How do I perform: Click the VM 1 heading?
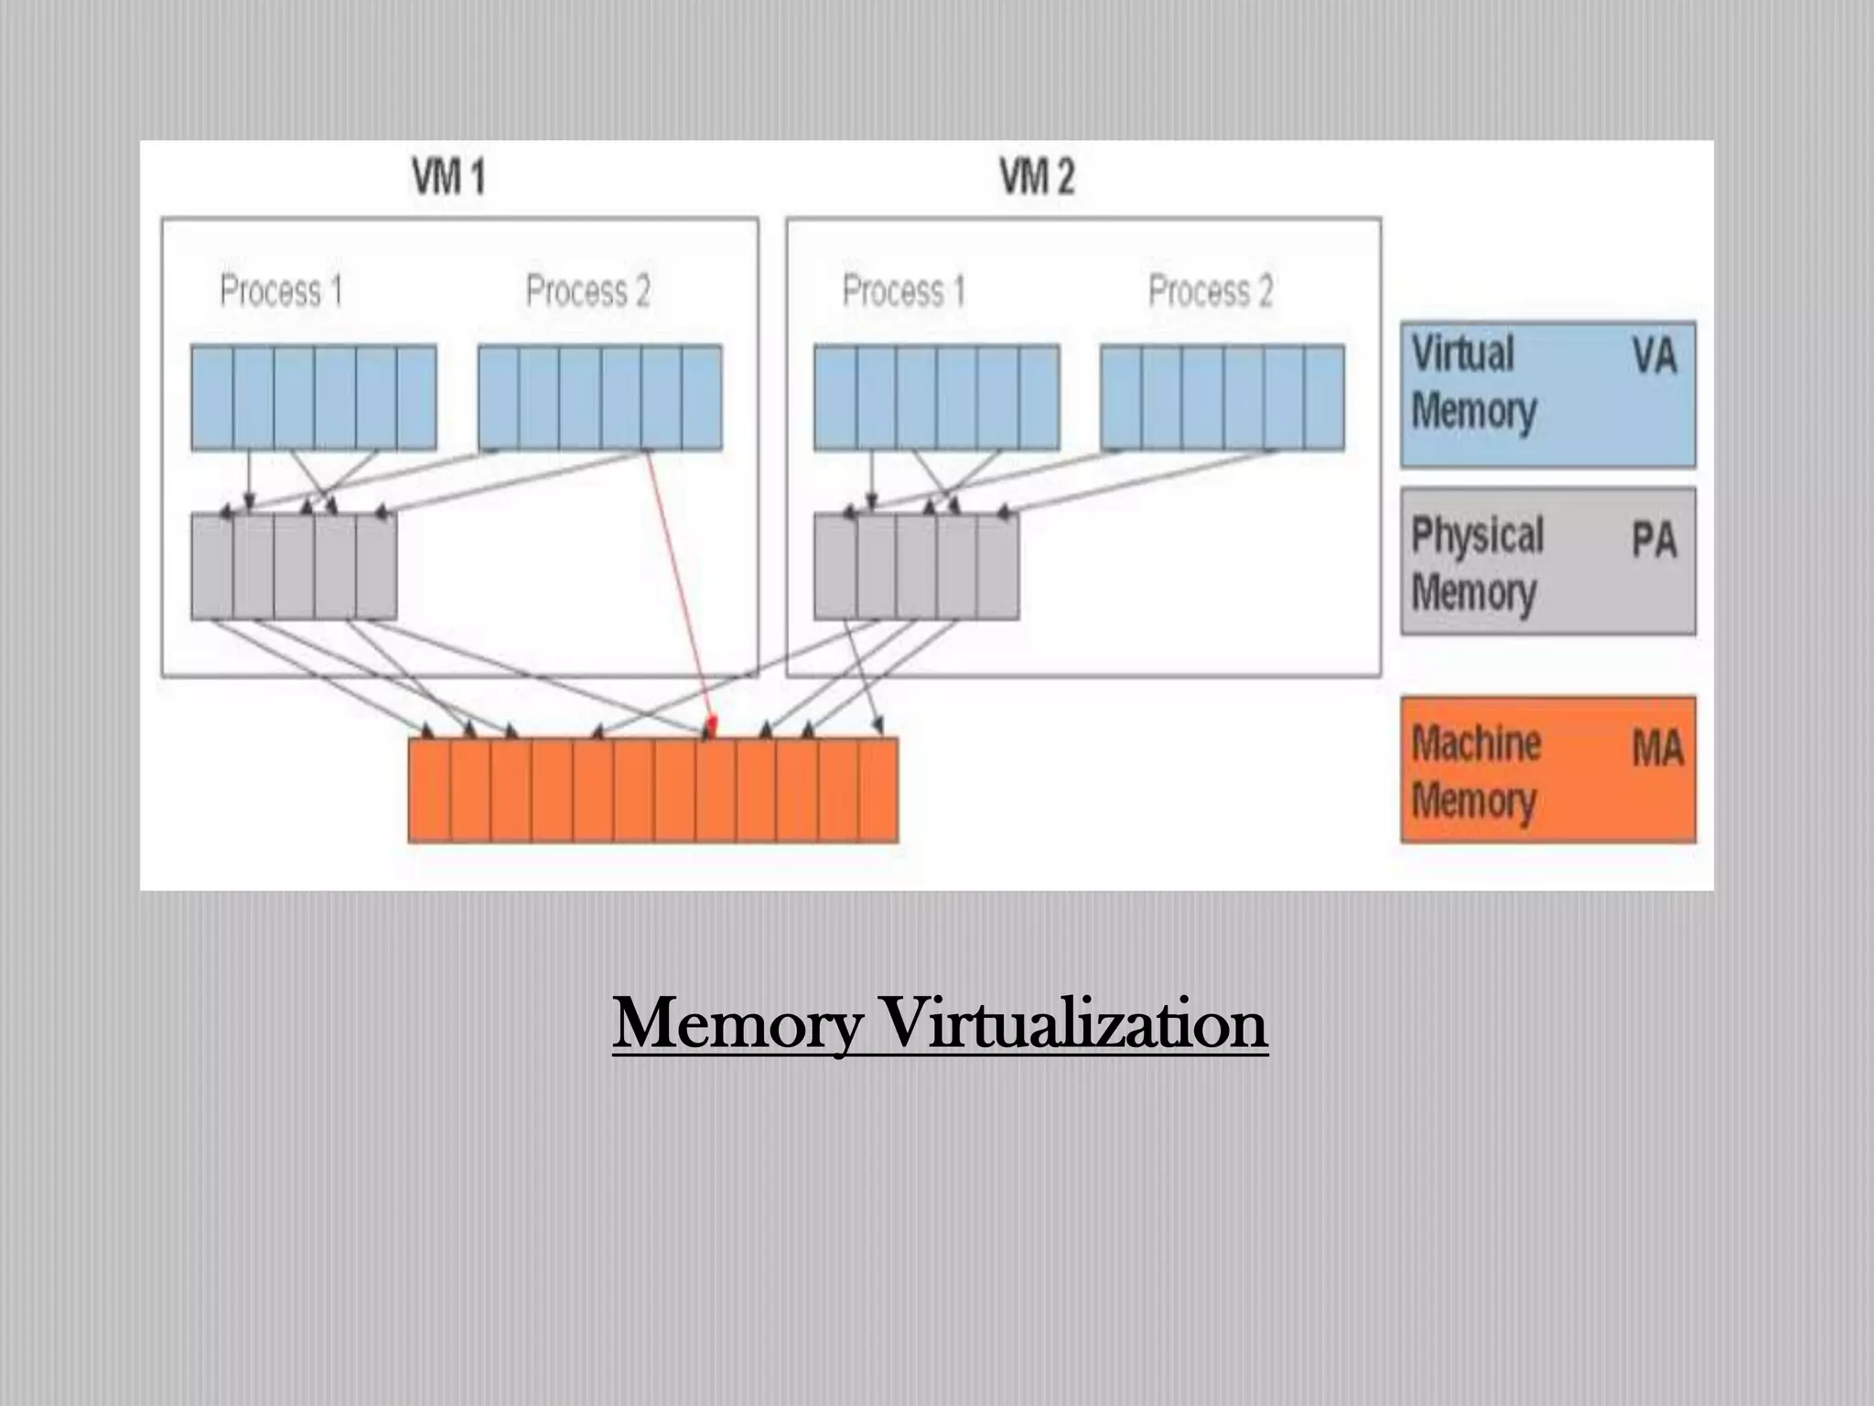(x=448, y=177)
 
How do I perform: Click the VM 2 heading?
(x=1037, y=177)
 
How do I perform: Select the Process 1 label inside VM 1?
(x=281, y=291)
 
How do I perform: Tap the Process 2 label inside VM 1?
(x=587, y=291)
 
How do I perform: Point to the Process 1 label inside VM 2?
(x=903, y=291)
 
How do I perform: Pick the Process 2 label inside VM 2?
(x=1210, y=291)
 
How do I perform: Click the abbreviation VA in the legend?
(x=1653, y=355)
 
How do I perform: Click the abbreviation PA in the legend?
(x=1653, y=539)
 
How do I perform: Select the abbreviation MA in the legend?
(x=1656, y=749)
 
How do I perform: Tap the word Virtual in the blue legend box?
(x=1462, y=353)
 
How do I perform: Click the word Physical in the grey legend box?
(x=1477, y=535)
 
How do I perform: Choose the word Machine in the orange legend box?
(x=1475, y=743)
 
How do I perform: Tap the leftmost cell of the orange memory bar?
(x=429, y=790)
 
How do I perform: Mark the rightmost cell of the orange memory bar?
(x=878, y=790)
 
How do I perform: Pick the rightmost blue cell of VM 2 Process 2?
(x=1324, y=397)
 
